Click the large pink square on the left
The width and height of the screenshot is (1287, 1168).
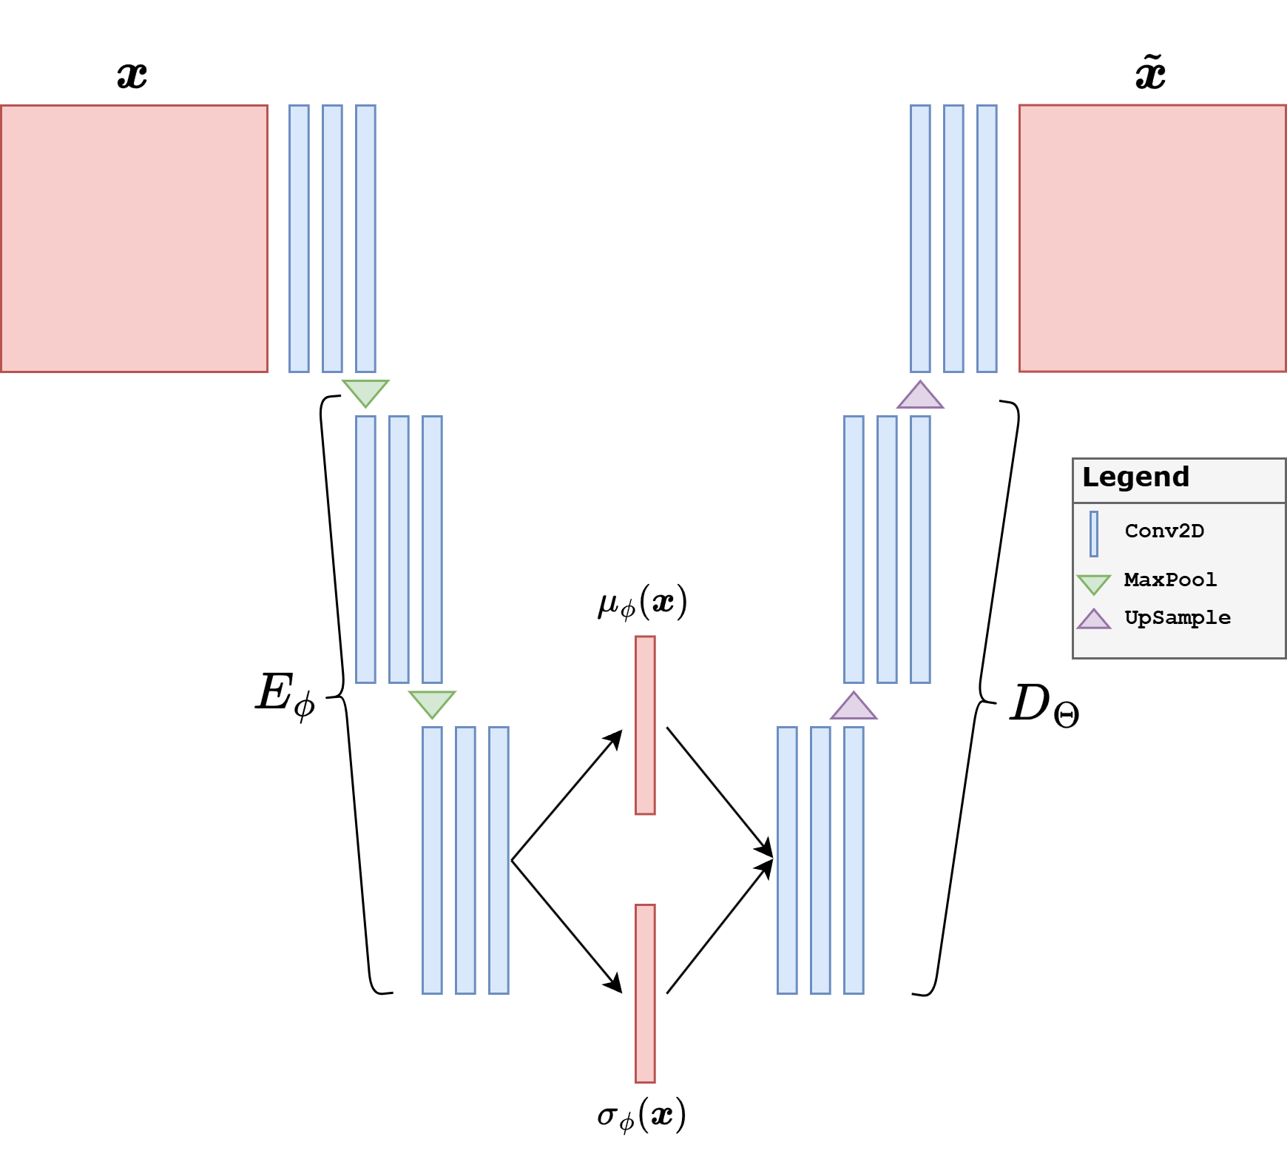pyautogui.click(x=134, y=238)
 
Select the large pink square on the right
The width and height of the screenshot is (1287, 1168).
pyautogui.click(x=1152, y=238)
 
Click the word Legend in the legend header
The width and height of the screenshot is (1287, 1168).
pyautogui.click(x=1135, y=477)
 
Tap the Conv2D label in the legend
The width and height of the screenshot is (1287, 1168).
pyautogui.click(x=1164, y=531)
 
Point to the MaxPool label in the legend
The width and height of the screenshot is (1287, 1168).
pyautogui.click(x=1170, y=580)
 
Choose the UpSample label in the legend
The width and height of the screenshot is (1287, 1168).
pyautogui.click(x=1178, y=617)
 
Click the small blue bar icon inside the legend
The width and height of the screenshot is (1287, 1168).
pyautogui.click(x=1094, y=534)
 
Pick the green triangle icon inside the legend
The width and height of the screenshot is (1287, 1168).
pyautogui.click(x=1094, y=583)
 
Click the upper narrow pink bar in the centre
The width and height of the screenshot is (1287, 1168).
pyautogui.click(x=645, y=725)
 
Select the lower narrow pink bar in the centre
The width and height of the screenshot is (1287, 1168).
pyautogui.click(x=645, y=993)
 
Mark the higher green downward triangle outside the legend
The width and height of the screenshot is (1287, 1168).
pyautogui.click(x=365, y=391)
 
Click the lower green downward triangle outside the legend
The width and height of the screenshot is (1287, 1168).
pyautogui.click(x=432, y=702)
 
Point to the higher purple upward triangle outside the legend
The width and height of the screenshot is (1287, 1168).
pyautogui.click(x=920, y=397)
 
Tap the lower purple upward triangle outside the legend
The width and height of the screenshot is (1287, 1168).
pyautogui.click(x=854, y=708)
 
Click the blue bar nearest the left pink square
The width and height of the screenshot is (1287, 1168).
pyautogui.click(x=299, y=238)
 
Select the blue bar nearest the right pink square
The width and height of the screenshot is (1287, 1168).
pyautogui.click(x=987, y=238)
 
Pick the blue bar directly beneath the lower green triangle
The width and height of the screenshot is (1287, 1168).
pyautogui.click(x=432, y=860)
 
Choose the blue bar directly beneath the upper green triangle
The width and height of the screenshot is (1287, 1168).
pyautogui.click(x=365, y=549)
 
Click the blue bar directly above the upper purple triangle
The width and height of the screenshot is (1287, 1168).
pyautogui.click(x=920, y=238)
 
